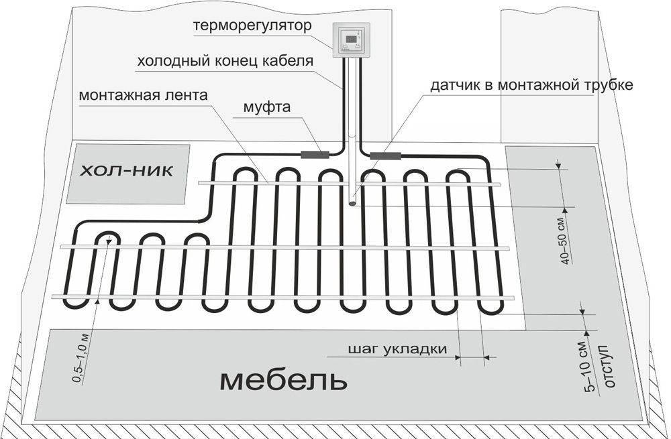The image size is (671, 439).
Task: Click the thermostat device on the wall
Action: click(351, 40)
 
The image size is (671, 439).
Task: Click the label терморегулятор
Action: click(252, 25)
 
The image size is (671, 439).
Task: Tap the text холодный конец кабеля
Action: click(225, 62)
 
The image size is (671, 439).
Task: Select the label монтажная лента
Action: click(144, 95)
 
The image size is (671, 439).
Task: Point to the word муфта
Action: click(266, 107)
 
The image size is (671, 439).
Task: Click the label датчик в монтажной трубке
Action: click(531, 85)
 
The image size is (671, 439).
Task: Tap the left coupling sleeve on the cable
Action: click(315, 155)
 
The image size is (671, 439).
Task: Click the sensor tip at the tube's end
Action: click(354, 204)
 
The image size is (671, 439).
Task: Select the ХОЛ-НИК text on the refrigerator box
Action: click(127, 172)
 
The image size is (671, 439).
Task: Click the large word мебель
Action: click(283, 381)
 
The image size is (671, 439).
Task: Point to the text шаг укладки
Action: click(397, 349)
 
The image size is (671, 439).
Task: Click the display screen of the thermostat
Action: click(350, 38)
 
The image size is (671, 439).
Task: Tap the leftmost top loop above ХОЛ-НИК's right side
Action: click(245, 170)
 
